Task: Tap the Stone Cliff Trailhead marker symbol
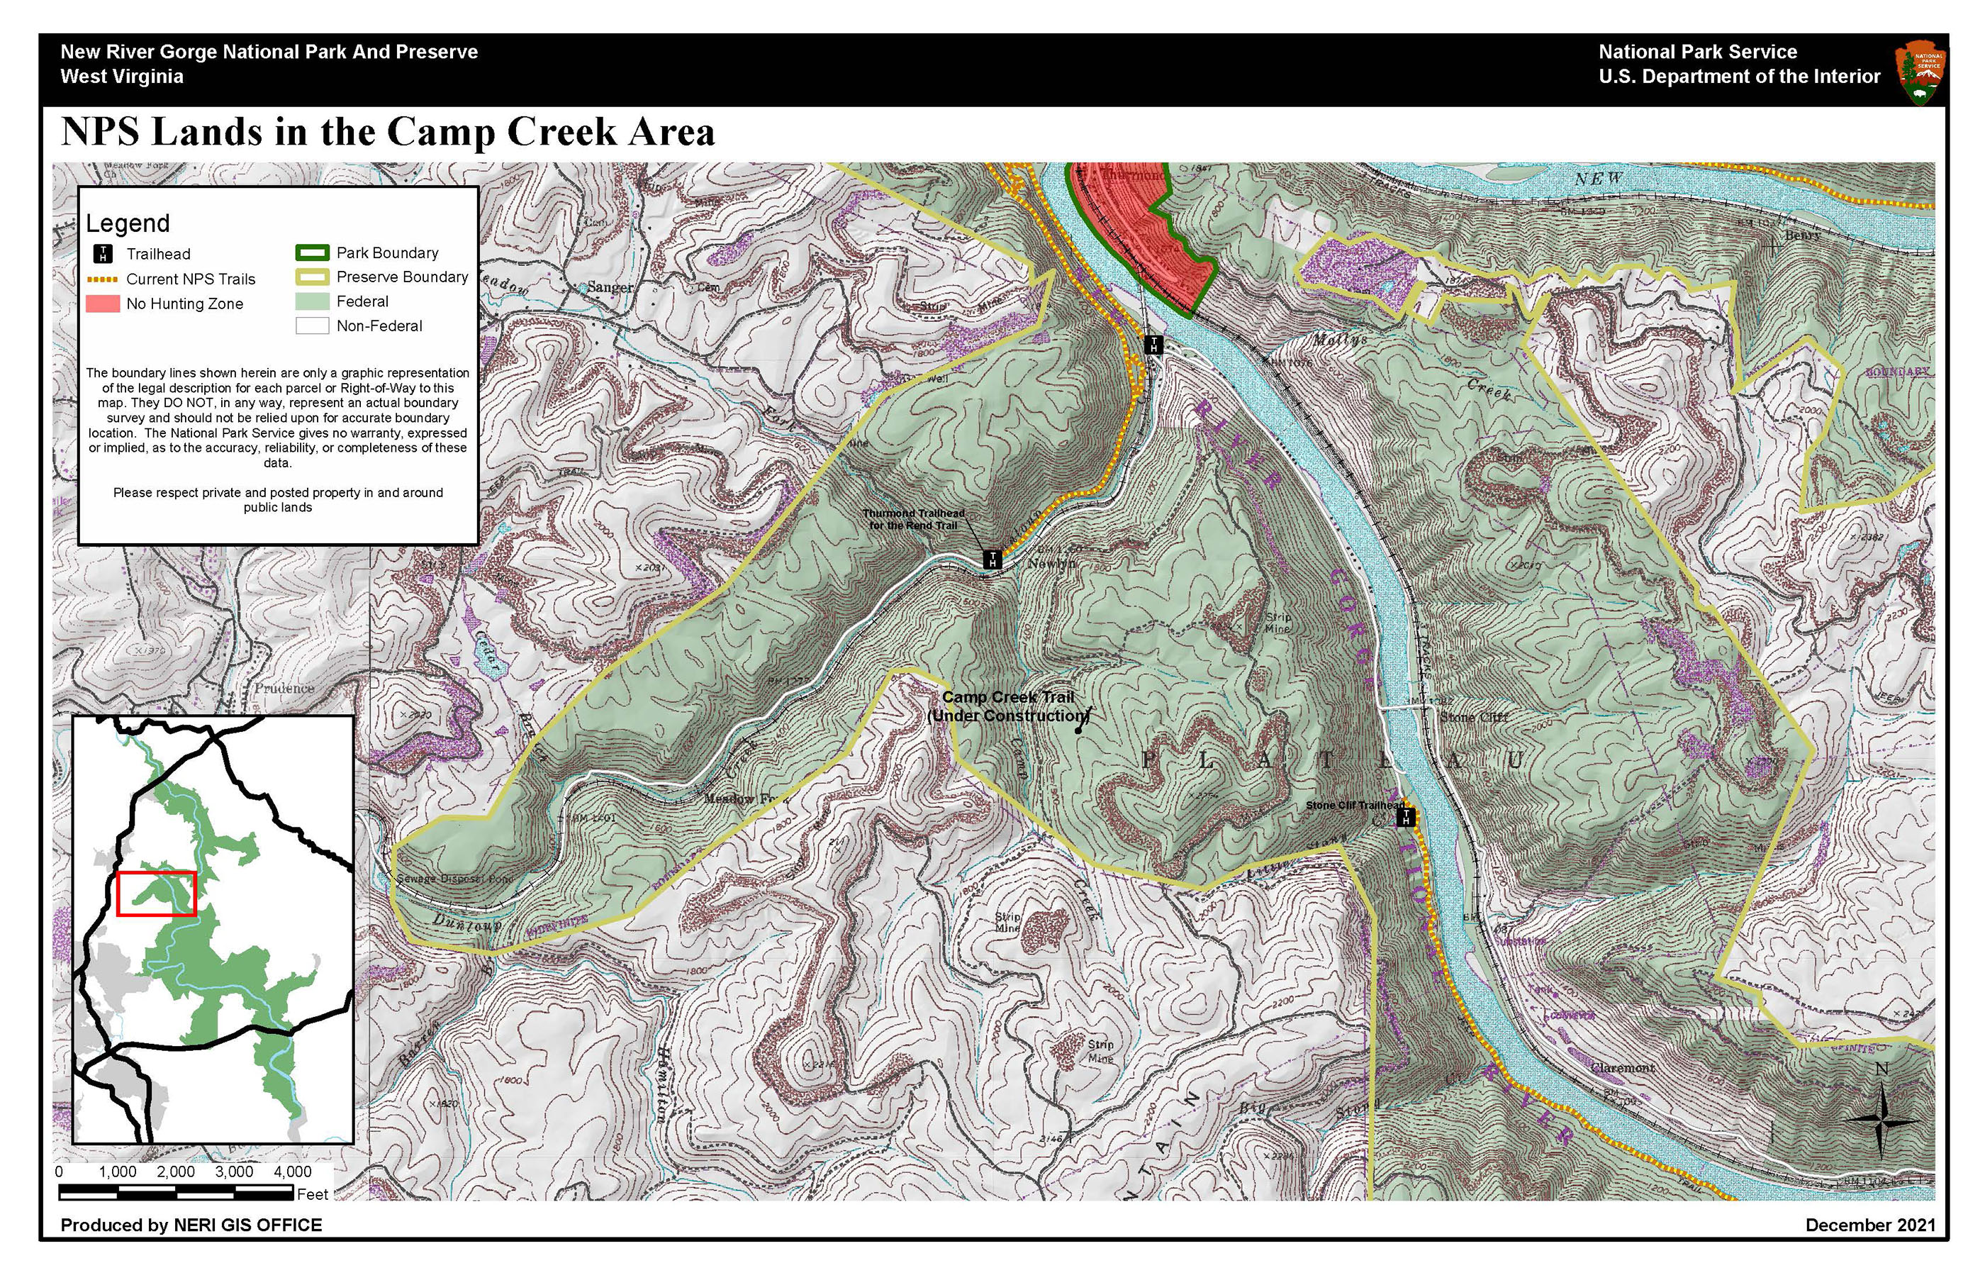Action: [x=1407, y=817]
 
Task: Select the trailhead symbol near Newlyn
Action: [x=992, y=559]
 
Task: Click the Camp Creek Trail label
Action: [x=1007, y=706]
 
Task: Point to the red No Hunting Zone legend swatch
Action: [x=103, y=304]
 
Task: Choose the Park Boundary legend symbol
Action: [x=312, y=253]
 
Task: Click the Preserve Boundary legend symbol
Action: [x=312, y=277]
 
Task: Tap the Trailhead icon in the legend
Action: [x=103, y=254]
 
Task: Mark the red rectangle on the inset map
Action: [x=157, y=894]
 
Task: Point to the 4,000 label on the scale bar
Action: [x=292, y=1172]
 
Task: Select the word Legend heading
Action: [x=128, y=223]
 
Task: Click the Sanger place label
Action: [x=610, y=287]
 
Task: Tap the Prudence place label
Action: [x=284, y=689]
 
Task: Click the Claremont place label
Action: [x=1622, y=1068]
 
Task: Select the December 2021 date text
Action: [x=1870, y=1225]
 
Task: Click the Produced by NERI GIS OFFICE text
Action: [x=191, y=1225]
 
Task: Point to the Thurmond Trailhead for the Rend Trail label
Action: [x=913, y=519]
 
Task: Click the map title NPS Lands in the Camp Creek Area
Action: [x=388, y=132]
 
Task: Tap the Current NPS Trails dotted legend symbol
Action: [x=103, y=279]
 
